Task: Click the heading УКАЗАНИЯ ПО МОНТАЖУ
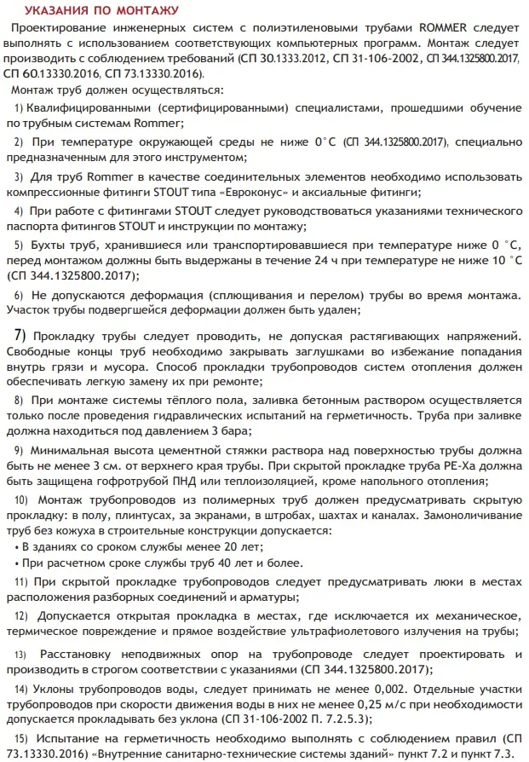101,11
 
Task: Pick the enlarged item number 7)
19,334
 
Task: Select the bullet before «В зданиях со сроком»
17,546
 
